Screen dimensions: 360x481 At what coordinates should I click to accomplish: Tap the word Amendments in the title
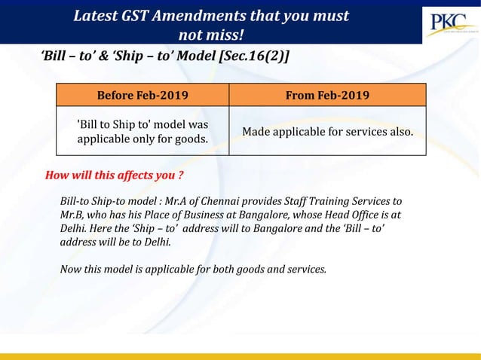[213, 16]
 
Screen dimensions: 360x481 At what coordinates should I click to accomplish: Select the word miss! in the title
[227, 35]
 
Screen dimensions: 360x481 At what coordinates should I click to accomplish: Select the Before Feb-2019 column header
[142, 95]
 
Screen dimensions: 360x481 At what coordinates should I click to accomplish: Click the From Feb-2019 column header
[327, 95]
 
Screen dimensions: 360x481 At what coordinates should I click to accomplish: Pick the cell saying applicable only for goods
[142, 131]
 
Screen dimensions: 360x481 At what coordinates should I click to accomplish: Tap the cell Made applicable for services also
[327, 132]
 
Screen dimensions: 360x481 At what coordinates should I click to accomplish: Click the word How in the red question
[57, 177]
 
